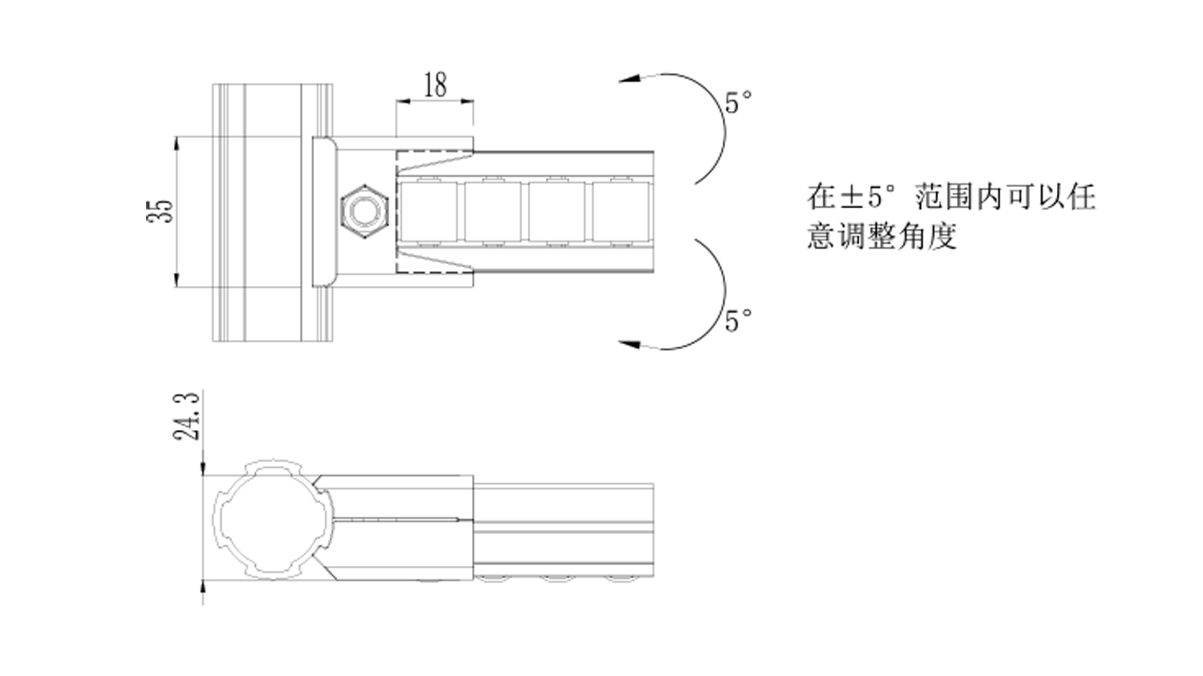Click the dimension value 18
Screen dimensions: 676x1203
coord(435,85)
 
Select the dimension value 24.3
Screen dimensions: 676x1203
coord(187,417)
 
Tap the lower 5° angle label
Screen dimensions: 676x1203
coord(738,320)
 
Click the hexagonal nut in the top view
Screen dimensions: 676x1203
coord(364,212)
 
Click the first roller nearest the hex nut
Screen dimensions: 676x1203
coord(428,212)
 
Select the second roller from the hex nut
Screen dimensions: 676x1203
coord(492,212)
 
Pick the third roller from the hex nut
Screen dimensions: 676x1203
coord(557,212)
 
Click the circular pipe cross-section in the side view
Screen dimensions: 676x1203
coord(269,520)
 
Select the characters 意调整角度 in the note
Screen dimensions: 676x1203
coord(882,236)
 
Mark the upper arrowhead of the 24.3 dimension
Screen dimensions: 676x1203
coord(203,468)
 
